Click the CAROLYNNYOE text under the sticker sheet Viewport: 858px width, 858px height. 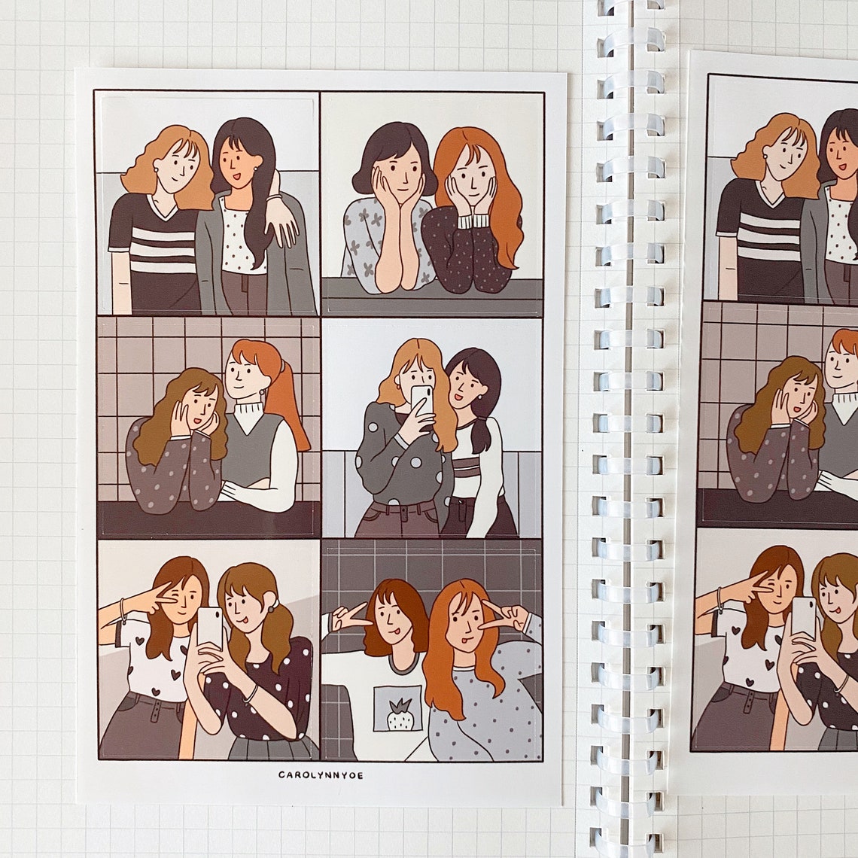(320, 774)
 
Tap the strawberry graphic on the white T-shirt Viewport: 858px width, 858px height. (400, 713)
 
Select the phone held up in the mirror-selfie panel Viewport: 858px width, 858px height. (421, 399)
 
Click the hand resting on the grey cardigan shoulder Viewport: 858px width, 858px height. (282, 224)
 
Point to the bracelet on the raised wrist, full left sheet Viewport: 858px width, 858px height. (122, 610)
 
